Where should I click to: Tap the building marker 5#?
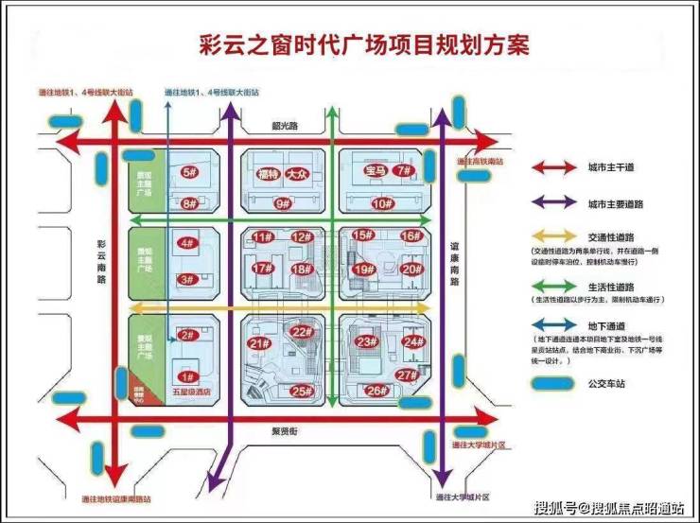tap(188, 172)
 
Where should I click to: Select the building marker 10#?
tap(381, 203)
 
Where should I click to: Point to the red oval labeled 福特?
tap(268, 172)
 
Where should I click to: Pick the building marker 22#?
tap(302, 331)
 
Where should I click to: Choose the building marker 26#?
tap(376, 390)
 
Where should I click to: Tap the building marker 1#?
tap(187, 376)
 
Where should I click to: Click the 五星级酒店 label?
tap(189, 391)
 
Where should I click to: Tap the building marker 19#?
tap(362, 269)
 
